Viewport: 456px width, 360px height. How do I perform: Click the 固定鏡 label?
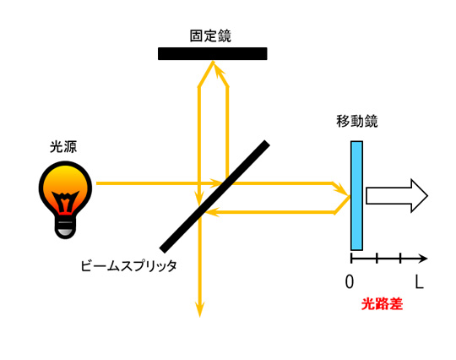[210, 35]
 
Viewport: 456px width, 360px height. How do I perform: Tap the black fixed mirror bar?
[213, 53]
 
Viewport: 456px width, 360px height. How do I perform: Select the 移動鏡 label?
[357, 121]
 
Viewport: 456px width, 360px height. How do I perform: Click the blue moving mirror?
[356, 195]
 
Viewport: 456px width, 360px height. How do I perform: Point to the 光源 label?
[63, 147]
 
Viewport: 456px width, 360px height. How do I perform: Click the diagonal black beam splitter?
[214, 196]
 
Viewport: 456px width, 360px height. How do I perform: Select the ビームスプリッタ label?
[128, 265]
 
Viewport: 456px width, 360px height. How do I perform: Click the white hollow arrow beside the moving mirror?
[397, 195]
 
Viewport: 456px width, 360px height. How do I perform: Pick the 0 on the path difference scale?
[350, 281]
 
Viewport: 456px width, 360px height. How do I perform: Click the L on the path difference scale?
[419, 281]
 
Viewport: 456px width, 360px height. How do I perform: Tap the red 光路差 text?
[382, 304]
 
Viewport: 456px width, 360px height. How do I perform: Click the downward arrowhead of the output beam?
[199, 309]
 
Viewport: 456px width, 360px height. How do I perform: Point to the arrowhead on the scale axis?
[423, 258]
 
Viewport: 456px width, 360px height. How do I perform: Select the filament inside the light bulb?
[65, 201]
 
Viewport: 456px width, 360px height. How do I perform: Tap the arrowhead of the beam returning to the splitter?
[211, 212]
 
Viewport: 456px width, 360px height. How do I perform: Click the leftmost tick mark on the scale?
[351, 258]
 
